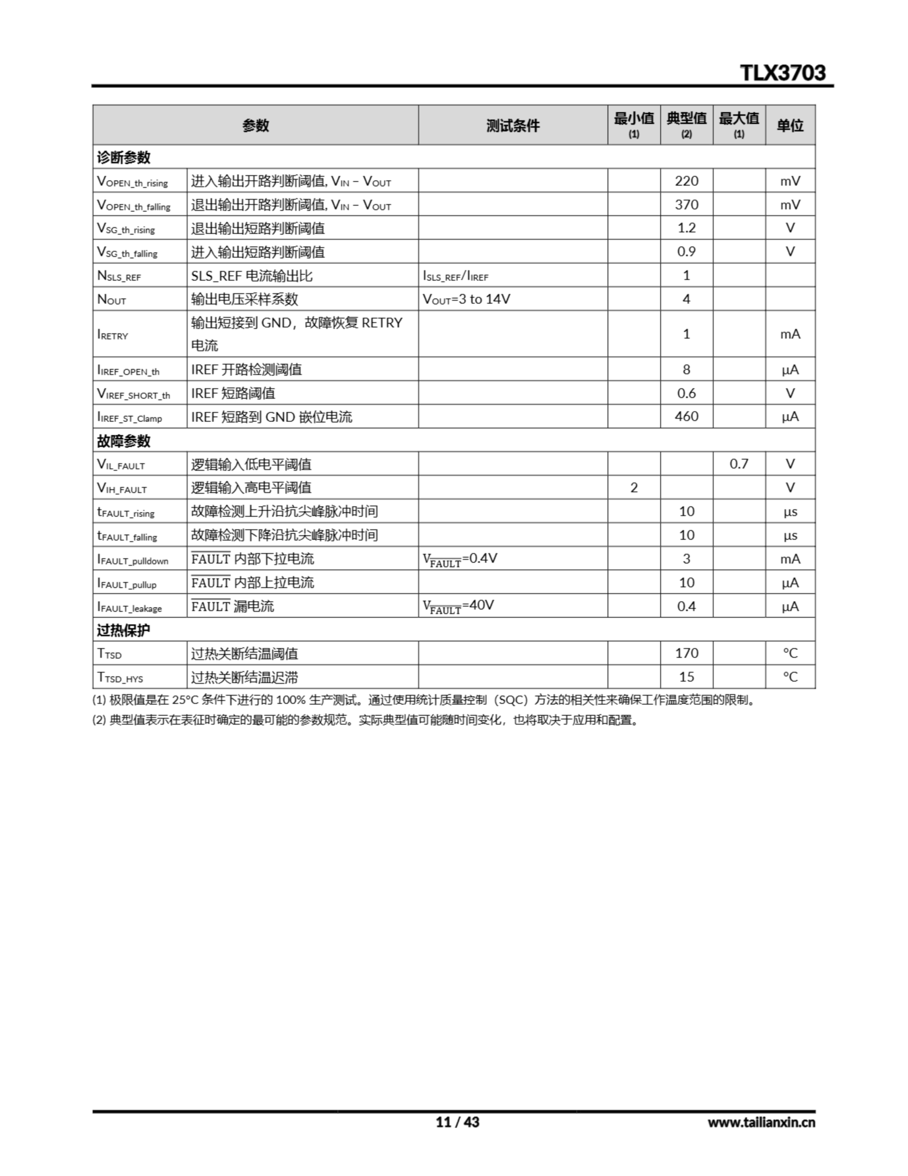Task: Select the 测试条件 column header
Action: (x=512, y=125)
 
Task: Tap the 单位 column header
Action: (x=790, y=125)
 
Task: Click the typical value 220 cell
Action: (x=686, y=181)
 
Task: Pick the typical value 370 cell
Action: (x=686, y=204)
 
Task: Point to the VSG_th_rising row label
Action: (x=126, y=228)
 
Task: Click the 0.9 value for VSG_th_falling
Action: (x=686, y=251)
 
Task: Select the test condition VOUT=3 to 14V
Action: (x=466, y=299)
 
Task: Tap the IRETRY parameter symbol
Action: (x=113, y=334)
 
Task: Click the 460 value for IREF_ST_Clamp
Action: (x=686, y=416)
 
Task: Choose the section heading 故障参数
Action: (x=124, y=441)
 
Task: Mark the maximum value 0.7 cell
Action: (x=739, y=464)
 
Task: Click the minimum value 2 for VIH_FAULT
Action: (x=633, y=487)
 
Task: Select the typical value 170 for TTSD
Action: (x=686, y=653)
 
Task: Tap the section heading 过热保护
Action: (x=124, y=629)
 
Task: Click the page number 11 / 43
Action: (x=457, y=1122)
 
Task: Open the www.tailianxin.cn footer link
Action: (x=761, y=1122)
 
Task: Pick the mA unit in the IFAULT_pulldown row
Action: (x=790, y=559)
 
